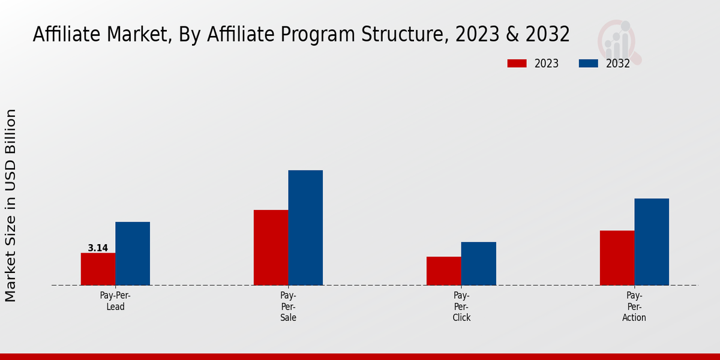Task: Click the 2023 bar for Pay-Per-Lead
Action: (x=98, y=269)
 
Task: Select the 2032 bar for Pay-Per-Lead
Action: (x=133, y=253)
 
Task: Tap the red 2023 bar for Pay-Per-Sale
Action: (x=271, y=247)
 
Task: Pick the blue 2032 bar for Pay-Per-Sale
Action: (x=305, y=227)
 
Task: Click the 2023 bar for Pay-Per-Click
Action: (x=444, y=271)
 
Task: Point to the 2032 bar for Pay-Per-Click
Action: (x=479, y=263)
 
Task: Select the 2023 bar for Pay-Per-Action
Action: (x=617, y=257)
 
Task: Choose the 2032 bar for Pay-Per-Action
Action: (x=652, y=241)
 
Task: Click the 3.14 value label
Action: (x=98, y=248)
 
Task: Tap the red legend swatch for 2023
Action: (x=517, y=64)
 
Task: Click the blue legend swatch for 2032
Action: (x=589, y=64)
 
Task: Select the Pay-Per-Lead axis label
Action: (x=115, y=301)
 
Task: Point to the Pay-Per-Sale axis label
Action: (x=288, y=307)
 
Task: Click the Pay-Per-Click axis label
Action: (x=461, y=307)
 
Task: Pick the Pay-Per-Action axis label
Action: (x=634, y=307)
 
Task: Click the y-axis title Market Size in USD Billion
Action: (x=11, y=205)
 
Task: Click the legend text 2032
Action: (x=618, y=64)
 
